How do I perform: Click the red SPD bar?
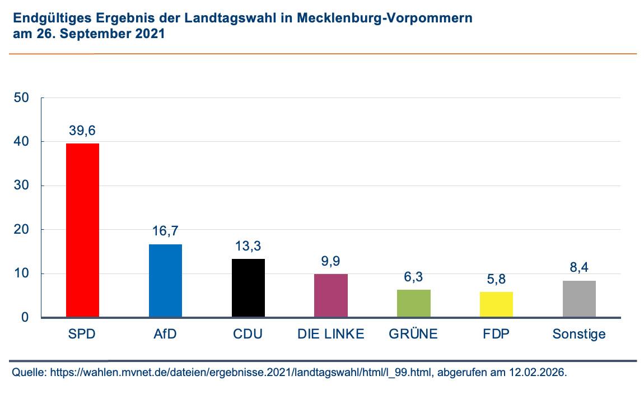(x=82, y=230)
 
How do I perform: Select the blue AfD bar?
(x=165, y=281)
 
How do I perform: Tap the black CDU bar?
(x=248, y=288)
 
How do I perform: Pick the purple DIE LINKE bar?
(x=331, y=296)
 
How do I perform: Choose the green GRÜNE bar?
(x=413, y=304)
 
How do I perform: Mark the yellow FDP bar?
(x=496, y=305)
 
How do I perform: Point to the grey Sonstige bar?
(x=579, y=299)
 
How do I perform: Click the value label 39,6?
(x=82, y=131)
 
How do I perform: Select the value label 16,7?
(x=165, y=231)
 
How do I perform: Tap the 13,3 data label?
(x=248, y=246)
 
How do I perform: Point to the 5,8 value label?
(x=496, y=279)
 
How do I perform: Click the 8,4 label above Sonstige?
(x=579, y=267)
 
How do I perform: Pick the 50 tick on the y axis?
(x=21, y=98)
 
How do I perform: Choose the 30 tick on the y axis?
(x=21, y=186)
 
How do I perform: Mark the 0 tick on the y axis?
(x=25, y=318)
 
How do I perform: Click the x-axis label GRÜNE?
(x=413, y=335)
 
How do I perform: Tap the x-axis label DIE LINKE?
(x=331, y=335)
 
